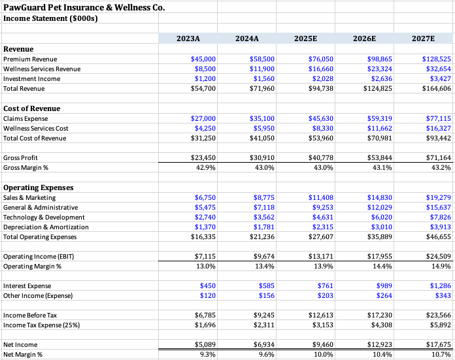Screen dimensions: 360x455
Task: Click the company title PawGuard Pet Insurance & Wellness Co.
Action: (84, 8)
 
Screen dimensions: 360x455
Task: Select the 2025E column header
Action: (305, 39)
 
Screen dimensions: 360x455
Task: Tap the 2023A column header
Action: (188, 39)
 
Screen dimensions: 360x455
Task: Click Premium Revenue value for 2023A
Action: (203, 59)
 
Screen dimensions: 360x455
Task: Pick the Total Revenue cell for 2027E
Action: (436, 89)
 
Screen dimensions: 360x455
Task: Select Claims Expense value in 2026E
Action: (379, 119)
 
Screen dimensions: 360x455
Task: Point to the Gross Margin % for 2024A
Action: (262, 168)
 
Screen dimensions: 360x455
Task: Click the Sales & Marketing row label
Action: (29, 197)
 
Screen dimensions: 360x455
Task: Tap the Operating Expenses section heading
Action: (39, 188)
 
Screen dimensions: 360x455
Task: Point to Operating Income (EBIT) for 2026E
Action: (379, 257)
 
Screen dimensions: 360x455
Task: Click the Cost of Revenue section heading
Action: (32, 108)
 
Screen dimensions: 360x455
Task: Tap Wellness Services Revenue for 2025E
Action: (320, 69)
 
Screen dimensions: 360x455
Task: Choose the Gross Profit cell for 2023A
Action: (203, 158)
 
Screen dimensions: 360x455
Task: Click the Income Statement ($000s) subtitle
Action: (50, 19)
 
